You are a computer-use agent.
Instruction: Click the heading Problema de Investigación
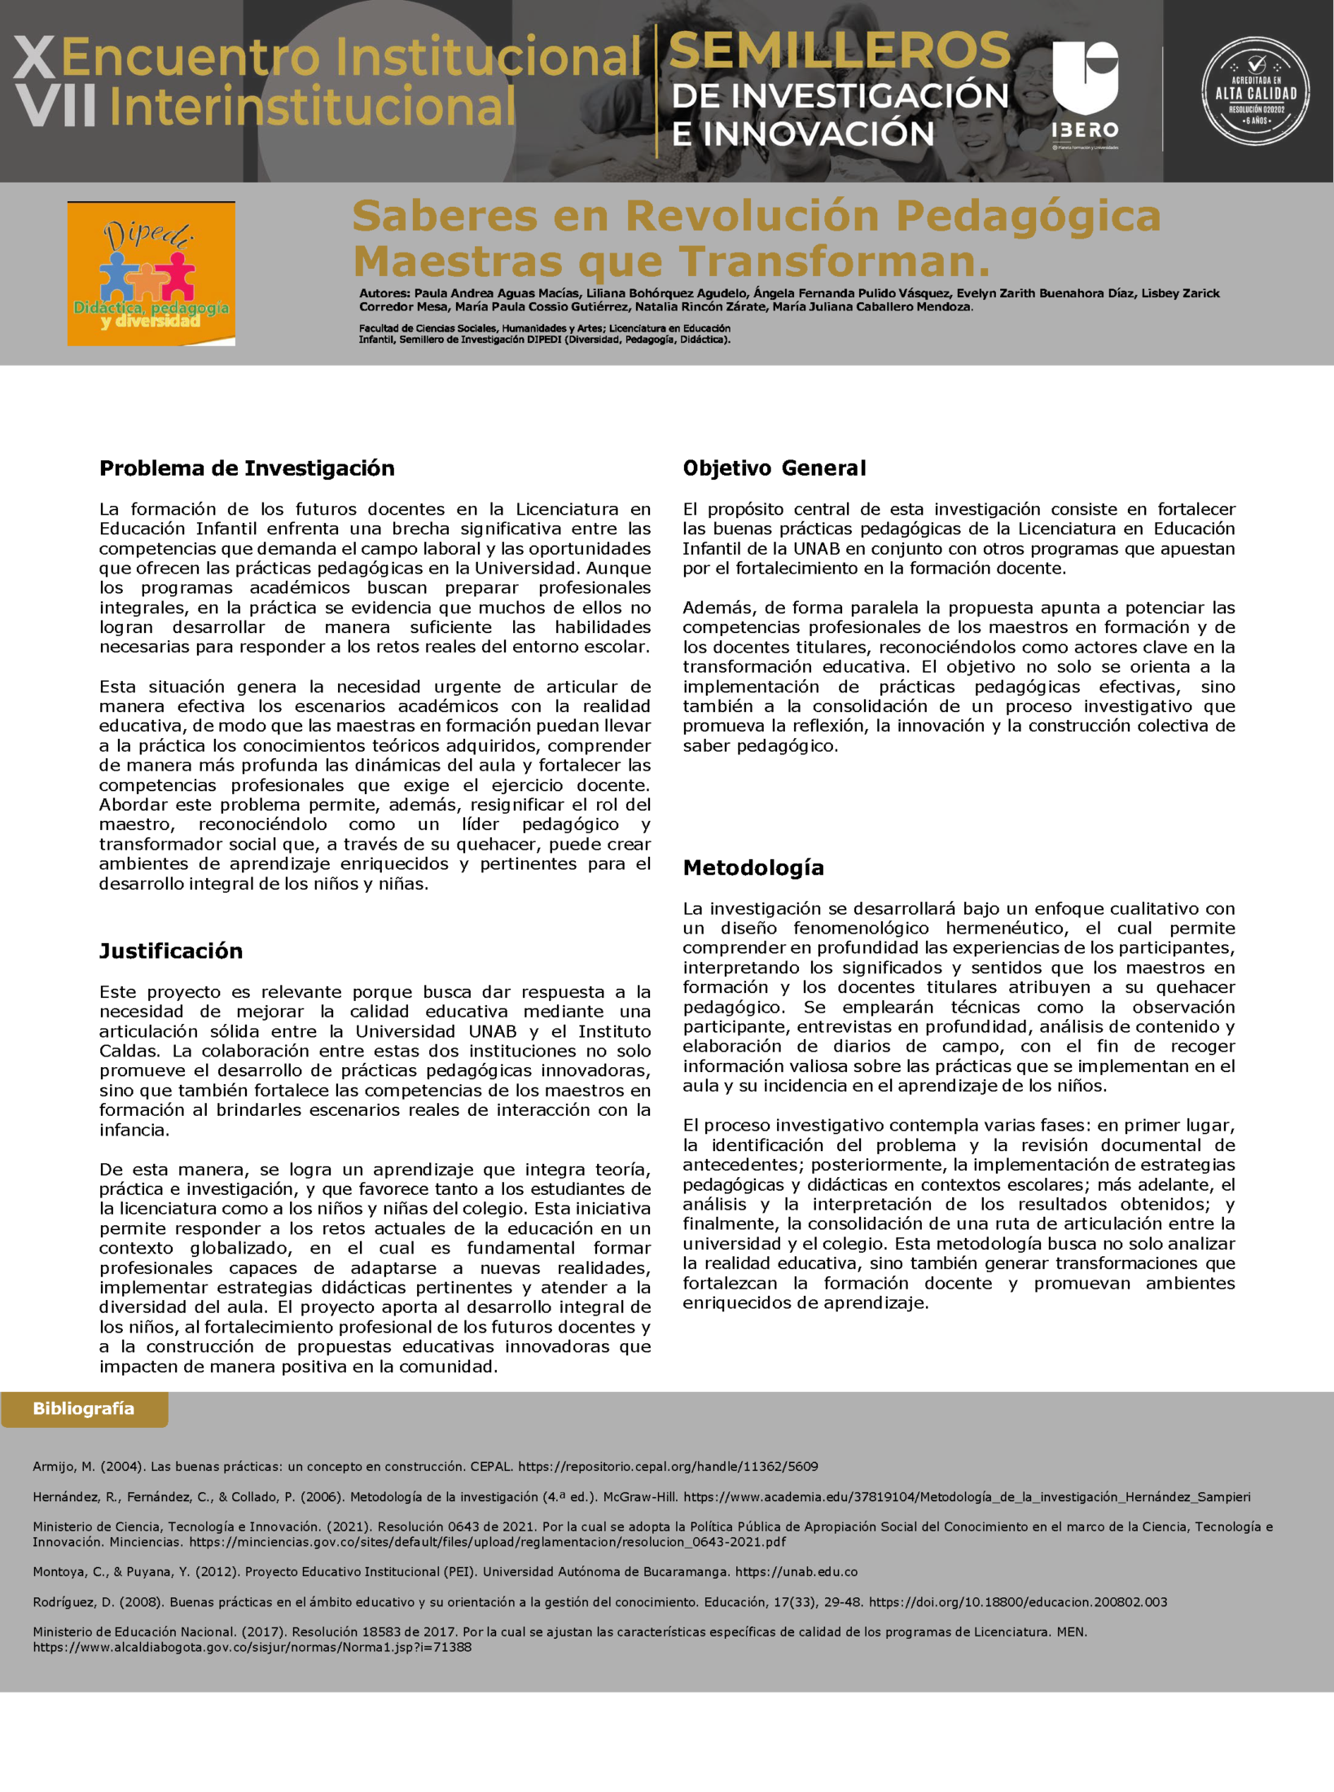coord(246,468)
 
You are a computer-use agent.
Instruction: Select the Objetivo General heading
coord(774,468)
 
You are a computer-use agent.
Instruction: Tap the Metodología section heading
coord(753,867)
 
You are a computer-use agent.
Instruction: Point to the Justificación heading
coord(171,951)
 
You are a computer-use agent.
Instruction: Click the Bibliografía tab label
coord(84,1408)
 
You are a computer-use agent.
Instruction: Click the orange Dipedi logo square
coord(151,274)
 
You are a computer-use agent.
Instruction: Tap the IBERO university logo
coord(1085,91)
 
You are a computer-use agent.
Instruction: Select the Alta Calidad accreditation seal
coord(1256,91)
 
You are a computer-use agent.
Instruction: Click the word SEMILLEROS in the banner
coord(839,51)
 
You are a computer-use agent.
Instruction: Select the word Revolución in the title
coord(753,216)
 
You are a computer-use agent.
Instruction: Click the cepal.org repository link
coord(668,1466)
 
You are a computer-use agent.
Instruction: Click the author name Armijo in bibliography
coord(53,1466)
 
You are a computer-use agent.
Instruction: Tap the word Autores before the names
coord(383,293)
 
